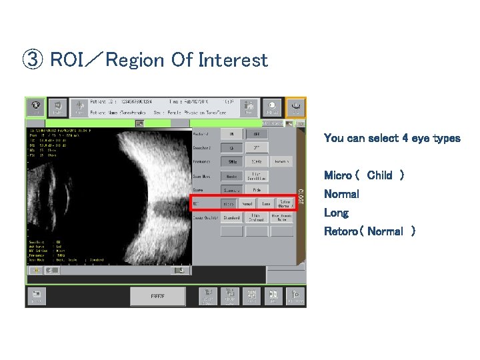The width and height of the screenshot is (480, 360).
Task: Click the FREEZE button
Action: point(157,296)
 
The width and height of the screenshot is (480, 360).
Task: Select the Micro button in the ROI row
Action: point(229,204)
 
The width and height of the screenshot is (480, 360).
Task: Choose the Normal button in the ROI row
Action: point(247,204)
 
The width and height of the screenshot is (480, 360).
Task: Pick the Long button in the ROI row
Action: point(265,204)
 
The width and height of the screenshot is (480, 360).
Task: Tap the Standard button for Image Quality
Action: point(231,217)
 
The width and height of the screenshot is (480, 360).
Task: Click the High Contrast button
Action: point(256,217)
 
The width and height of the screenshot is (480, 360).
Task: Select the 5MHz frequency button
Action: point(231,161)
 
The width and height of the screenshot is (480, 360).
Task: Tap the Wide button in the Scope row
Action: point(256,189)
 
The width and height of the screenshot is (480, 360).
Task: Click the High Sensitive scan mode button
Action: point(256,176)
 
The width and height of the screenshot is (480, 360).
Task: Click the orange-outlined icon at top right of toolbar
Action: point(295,106)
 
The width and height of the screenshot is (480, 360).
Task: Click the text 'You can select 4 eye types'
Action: point(391,139)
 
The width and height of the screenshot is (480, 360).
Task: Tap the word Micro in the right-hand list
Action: point(337,175)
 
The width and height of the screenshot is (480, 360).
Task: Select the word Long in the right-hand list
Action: point(336,213)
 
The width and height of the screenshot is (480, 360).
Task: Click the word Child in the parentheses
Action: point(379,175)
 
